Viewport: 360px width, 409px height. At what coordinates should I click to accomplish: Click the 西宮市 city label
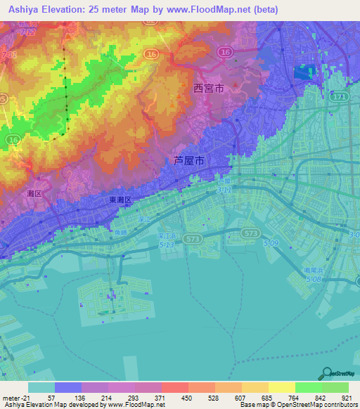pos(208,89)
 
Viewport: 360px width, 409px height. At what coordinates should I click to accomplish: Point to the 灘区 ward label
pos(15,192)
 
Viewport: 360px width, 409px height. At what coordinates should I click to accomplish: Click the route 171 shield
pos(340,95)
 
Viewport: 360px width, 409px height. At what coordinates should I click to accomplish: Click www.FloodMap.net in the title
pos(217,10)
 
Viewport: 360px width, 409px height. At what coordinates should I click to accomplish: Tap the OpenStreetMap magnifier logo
pos(327,373)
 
